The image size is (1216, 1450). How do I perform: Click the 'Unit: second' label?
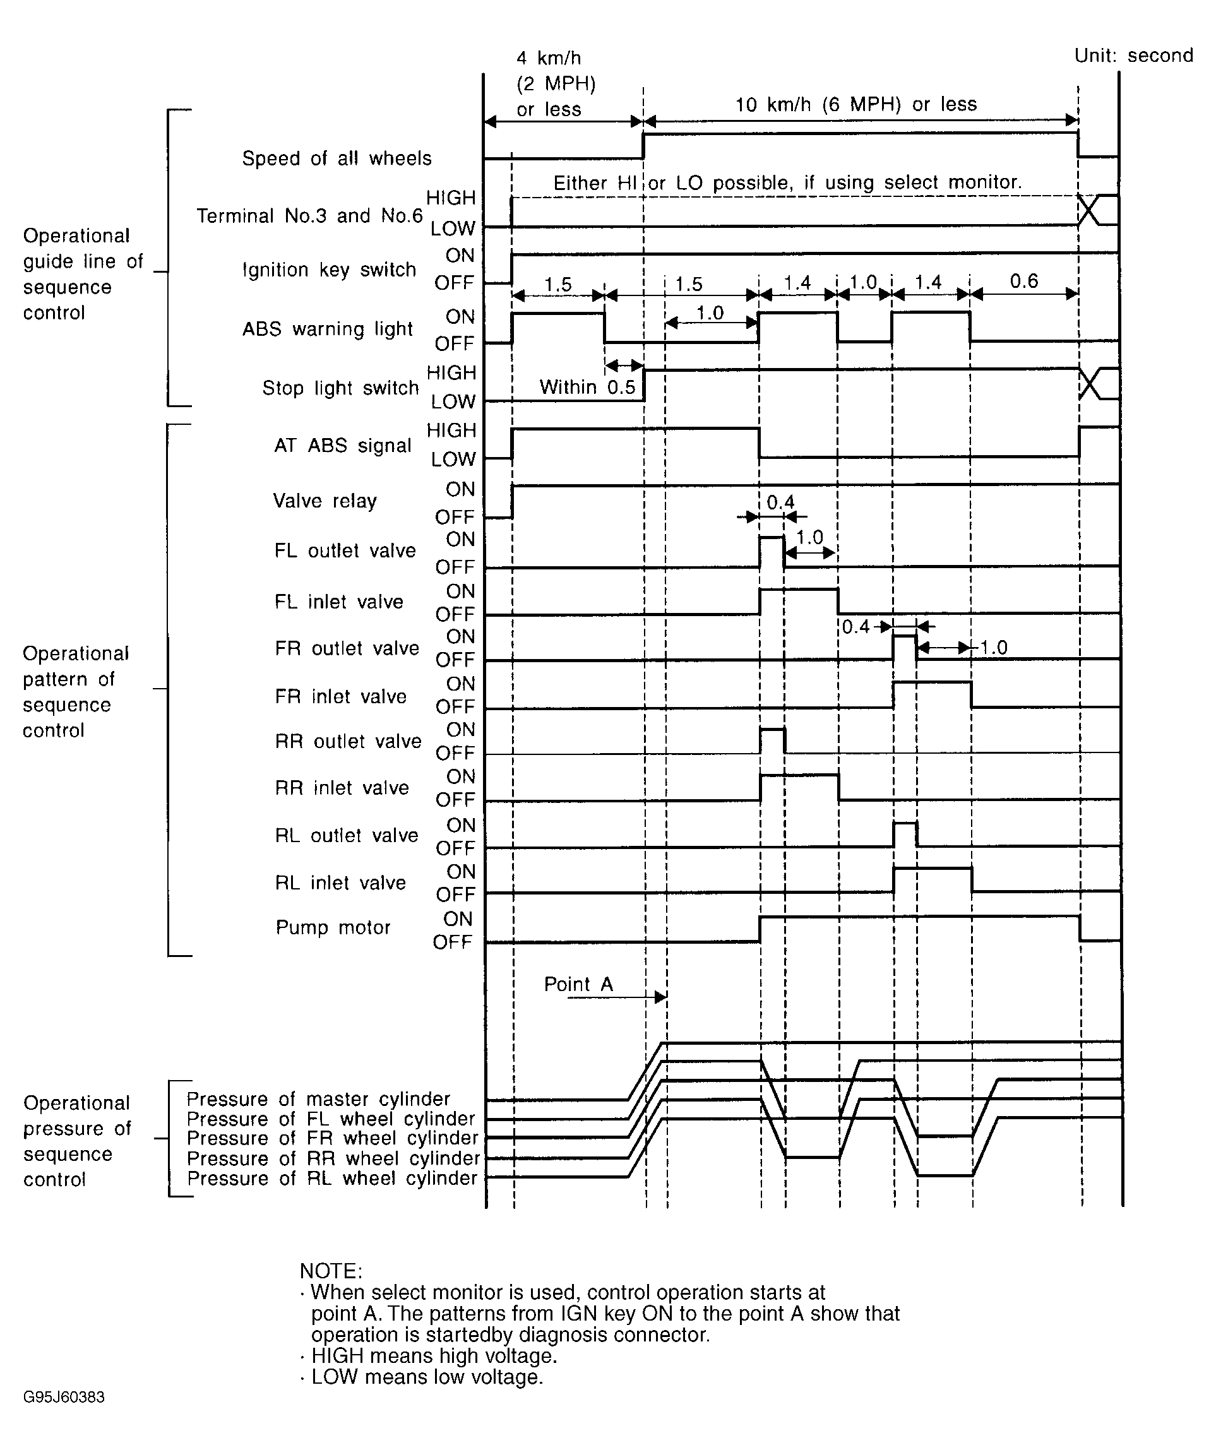1133,56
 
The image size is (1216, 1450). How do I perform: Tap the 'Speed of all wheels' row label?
337,159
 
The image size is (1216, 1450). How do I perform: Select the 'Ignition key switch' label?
330,270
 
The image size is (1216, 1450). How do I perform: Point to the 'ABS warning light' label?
327,329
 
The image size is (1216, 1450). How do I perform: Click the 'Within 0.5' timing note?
587,387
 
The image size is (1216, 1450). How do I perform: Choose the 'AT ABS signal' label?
342,446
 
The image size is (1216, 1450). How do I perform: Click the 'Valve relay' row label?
325,501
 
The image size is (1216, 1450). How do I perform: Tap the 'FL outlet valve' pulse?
772,551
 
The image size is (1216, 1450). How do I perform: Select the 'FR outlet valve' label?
347,648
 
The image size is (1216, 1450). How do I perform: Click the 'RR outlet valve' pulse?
772,741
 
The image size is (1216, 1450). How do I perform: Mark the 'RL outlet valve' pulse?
905,835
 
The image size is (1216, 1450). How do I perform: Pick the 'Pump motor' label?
333,927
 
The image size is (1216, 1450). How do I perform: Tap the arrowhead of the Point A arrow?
661,997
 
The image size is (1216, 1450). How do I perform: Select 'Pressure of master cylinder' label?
318,1098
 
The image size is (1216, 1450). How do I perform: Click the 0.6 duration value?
1023,281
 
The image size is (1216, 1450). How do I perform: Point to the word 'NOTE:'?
331,1271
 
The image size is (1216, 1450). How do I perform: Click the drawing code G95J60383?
64,1398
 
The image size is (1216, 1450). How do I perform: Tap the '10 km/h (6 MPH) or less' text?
855,105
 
